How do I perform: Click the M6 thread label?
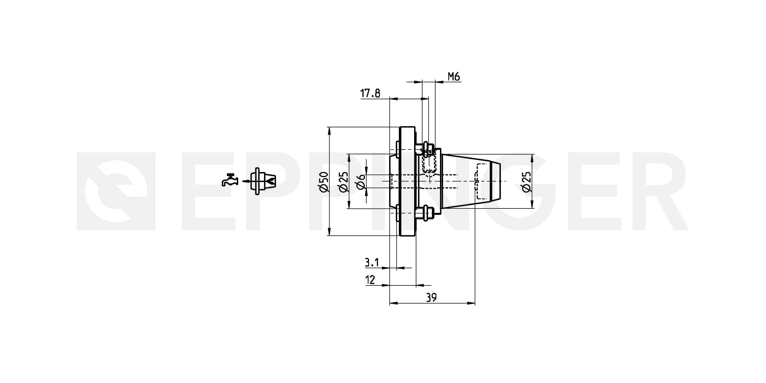454,77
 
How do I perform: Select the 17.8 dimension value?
370,93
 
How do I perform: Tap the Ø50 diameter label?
324,181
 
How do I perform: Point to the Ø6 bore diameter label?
360,181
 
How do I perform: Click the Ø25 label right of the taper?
526,181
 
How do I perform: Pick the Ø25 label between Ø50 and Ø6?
343,181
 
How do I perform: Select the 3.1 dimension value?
372,262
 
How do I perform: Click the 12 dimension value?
370,280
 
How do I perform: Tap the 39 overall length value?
431,297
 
